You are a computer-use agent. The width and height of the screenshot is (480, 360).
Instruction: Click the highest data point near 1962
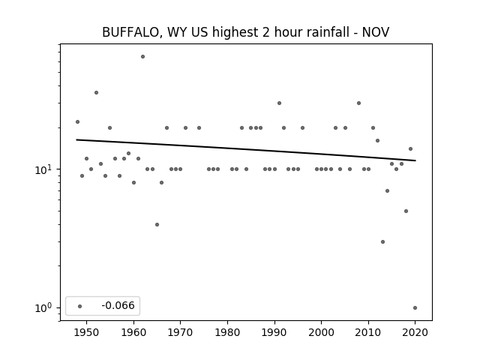[142, 57]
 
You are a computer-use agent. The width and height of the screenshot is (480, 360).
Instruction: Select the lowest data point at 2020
[415, 308]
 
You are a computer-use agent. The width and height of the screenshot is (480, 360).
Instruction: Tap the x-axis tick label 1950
[87, 332]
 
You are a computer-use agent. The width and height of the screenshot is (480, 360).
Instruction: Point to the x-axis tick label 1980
[227, 332]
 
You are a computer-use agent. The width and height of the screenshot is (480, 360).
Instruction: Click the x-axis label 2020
[415, 332]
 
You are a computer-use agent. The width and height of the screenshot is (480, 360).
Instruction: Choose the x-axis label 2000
[322, 332]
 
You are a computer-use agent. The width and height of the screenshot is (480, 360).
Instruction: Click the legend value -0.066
[118, 305]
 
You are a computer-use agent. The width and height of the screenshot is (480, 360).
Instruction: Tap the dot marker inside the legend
[80, 306]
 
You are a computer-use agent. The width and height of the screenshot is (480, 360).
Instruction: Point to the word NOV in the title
[376, 32]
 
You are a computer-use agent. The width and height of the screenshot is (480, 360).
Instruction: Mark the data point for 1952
[96, 93]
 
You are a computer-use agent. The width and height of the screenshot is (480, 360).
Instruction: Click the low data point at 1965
[157, 225]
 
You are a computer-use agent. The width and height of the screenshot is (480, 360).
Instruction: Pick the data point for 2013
[382, 241]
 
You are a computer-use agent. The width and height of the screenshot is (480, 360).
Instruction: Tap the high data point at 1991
[279, 103]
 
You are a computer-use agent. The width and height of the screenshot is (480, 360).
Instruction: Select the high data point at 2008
[358, 103]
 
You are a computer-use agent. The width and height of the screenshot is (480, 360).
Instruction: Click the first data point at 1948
[77, 121]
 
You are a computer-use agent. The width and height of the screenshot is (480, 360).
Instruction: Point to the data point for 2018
[406, 211]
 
